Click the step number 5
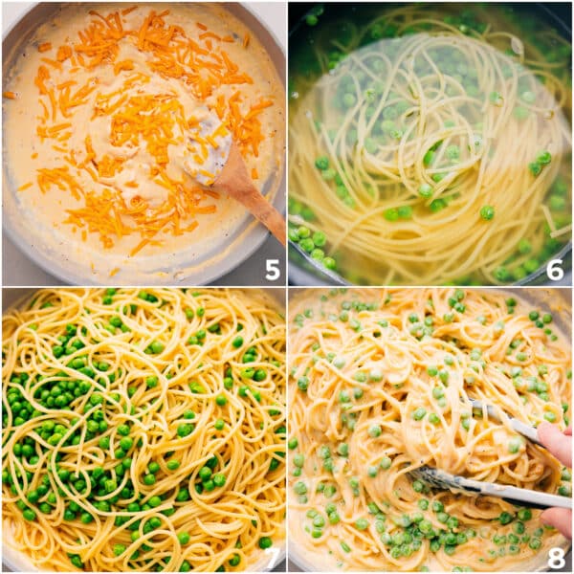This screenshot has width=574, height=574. (x=273, y=270)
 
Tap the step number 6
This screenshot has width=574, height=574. (x=555, y=270)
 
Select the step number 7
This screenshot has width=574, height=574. (x=273, y=557)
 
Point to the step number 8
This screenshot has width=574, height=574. (x=555, y=557)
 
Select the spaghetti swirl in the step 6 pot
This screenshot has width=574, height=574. (x=421, y=143)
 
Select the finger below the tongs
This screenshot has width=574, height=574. (x=557, y=521)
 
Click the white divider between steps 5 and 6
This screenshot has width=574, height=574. (x=287, y=143)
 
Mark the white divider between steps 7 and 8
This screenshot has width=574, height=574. (x=287, y=430)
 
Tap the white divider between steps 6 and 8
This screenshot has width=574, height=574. (x=430, y=287)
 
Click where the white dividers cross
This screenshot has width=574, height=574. (x=287, y=287)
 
